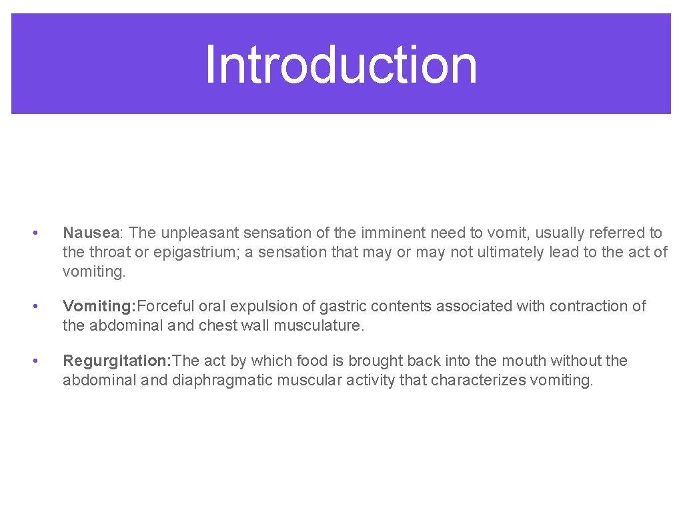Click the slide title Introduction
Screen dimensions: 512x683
pos(341,65)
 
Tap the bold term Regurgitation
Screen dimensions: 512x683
pos(116,361)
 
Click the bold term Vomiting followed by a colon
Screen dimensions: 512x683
pos(99,306)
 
